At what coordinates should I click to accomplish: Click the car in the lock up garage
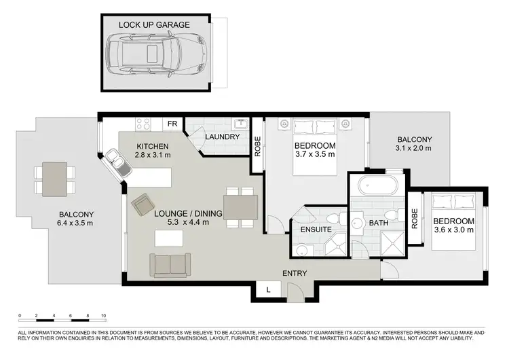(154, 56)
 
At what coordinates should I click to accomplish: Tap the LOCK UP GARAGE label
(154, 24)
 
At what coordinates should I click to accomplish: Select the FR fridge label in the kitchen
(172, 124)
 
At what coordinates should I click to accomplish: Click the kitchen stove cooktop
(143, 124)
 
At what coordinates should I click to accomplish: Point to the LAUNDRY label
(223, 137)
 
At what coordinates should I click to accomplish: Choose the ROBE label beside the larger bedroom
(258, 147)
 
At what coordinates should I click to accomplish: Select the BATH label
(378, 222)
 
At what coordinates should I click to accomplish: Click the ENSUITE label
(316, 230)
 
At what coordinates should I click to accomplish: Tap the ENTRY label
(295, 274)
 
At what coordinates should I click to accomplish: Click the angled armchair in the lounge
(143, 203)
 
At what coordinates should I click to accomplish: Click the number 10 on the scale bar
(102, 316)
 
